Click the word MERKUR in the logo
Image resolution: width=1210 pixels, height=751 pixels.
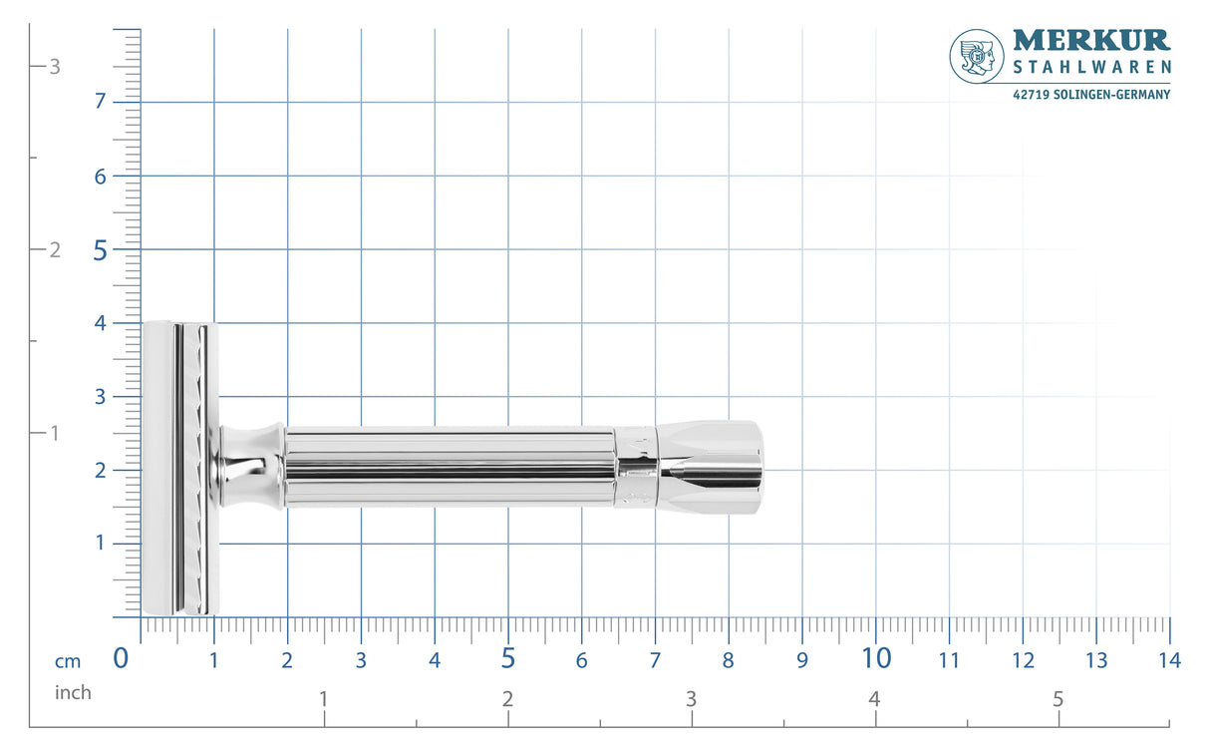pyautogui.click(x=1091, y=41)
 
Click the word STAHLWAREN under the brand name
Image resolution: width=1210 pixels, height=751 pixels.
pyautogui.click(x=1091, y=68)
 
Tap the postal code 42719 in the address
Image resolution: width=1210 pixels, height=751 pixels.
pyautogui.click(x=1030, y=95)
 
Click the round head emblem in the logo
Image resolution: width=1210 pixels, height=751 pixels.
pyautogui.click(x=977, y=55)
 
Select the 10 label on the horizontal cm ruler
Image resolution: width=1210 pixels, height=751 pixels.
pyautogui.click(x=876, y=658)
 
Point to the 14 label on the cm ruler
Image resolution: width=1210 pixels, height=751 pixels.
pyautogui.click(x=1169, y=660)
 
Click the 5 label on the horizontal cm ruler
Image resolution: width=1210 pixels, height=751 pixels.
pyautogui.click(x=507, y=658)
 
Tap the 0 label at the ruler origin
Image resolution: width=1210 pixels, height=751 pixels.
pyautogui.click(x=121, y=658)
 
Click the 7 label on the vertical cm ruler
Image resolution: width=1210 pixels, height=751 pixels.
pyautogui.click(x=101, y=102)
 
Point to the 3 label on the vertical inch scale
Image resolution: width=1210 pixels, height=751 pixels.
pyautogui.click(x=56, y=67)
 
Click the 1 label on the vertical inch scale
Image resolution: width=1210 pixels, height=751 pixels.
pyautogui.click(x=56, y=433)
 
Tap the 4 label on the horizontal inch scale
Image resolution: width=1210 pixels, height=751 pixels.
pyautogui.click(x=874, y=699)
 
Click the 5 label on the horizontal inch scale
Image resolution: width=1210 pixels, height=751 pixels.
pyautogui.click(x=1059, y=699)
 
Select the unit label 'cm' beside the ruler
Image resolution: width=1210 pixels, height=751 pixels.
pyautogui.click(x=68, y=661)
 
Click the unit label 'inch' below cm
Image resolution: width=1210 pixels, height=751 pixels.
pyautogui.click(x=73, y=692)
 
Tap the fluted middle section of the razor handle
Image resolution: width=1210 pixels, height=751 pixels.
pyautogui.click(x=449, y=468)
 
